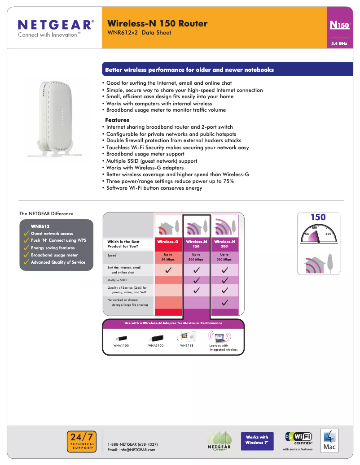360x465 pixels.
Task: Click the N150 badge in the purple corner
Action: [x=339, y=26]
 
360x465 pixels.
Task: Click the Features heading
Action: [x=117, y=120]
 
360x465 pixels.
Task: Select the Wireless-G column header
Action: [x=168, y=242]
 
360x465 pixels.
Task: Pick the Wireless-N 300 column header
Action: [x=224, y=244]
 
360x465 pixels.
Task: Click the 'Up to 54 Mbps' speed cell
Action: [x=168, y=257]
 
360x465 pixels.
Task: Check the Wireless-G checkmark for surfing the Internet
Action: [x=168, y=270]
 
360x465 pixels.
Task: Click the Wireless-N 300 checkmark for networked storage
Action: [x=224, y=302]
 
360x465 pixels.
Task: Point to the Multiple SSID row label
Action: [x=117, y=280]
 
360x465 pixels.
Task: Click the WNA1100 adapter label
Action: [x=121, y=346]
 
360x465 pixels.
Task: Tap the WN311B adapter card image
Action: [x=189, y=336]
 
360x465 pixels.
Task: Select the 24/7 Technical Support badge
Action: [x=82, y=440]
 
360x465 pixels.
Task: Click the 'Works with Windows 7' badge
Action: [x=257, y=440]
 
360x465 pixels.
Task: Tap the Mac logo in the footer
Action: [x=329, y=441]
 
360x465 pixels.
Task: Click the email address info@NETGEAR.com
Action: [x=132, y=450]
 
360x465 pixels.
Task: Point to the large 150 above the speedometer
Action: [x=318, y=217]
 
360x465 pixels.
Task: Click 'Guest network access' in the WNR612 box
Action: [x=52, y=234]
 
